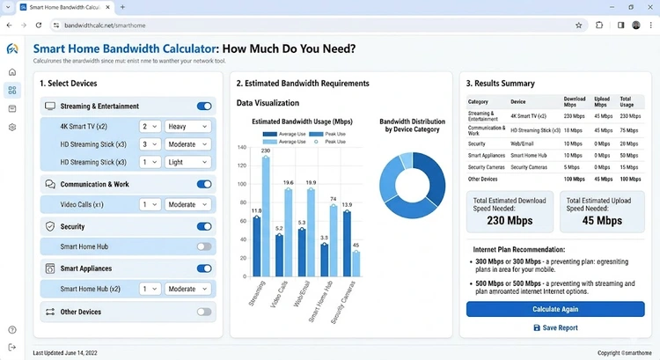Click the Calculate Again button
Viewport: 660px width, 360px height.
[x=555, y=309]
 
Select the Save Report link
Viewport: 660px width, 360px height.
[x=555, y=327]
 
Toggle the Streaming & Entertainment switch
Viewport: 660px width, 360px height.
[x=204, y=107]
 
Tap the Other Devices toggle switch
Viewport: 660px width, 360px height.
[x=204, y=312]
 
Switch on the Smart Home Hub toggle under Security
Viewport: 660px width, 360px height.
[x=204, y=247]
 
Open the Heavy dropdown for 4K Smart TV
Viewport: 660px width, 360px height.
[x=188, y=126]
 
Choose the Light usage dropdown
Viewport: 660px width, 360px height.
[x=188, y=162]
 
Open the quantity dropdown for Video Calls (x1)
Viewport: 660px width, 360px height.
[x=151, y=204]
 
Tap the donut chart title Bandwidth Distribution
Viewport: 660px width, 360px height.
[x=414, y=125]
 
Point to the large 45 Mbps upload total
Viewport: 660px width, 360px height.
[x=602, y=221]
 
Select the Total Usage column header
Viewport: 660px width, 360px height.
[x=628, y=101]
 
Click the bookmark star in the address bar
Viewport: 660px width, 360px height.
[x=578, y=26]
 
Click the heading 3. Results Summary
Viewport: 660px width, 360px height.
[x=500, y=84]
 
